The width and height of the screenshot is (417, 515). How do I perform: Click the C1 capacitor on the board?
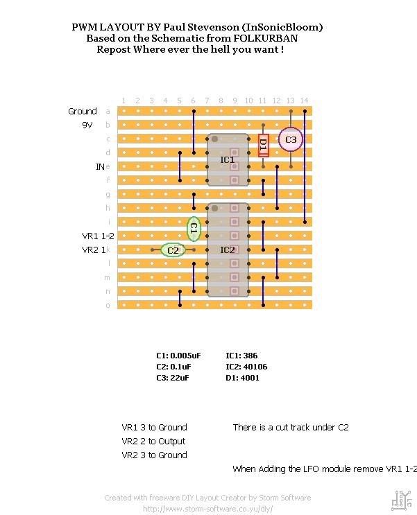(x=194, y=229)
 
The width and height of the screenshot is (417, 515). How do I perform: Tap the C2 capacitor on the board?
(x=173, y=250)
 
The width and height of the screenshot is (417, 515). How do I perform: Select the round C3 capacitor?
(x=290, y=139)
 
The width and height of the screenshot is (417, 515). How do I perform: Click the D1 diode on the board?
(x=263, y=146)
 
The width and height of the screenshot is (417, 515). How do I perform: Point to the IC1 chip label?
(x=228, y=160)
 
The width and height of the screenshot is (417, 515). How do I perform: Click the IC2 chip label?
(x=228, y=250)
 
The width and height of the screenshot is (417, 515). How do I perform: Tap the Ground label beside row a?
(x=83, y=112)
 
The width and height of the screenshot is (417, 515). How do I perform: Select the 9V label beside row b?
(x=87, y=125)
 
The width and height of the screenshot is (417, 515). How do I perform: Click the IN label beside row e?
(x=100, y=167)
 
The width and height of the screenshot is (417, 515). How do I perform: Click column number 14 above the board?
(x=304, y=101)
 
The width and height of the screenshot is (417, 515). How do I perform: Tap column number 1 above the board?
(x=124, y=101)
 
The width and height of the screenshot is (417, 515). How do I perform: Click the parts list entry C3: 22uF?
(x=172, y=378)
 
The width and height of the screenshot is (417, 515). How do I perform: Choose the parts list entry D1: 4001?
(x=242, y=378)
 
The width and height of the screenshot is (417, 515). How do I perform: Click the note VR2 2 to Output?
(x=153, y=442)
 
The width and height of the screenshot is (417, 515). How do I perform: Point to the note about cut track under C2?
(x=291, y=428)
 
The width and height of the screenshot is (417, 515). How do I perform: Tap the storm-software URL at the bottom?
(x=207, y=508)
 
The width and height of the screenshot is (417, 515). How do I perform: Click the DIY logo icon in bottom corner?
(x=400, y=498)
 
